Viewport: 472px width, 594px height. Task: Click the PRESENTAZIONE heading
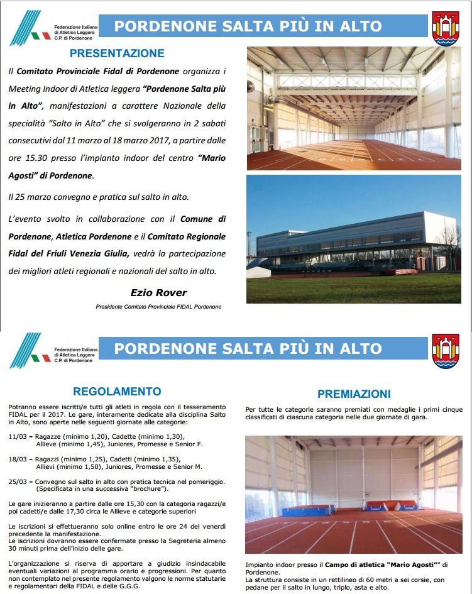point(117,53)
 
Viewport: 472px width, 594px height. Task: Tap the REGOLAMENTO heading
point(117,391)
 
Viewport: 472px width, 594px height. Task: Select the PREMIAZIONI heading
point(354,394)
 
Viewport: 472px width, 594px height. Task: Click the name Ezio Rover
point(158,292)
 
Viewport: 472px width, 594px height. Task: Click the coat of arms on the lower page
point(446,351)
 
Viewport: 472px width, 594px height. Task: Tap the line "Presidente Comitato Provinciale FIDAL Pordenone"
point(158,307)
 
